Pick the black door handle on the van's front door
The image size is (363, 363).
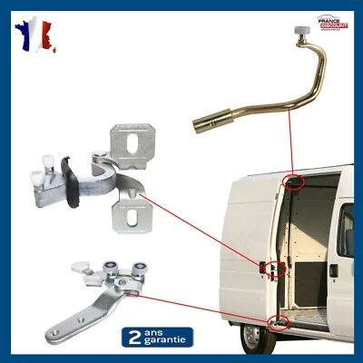pyautogui.click(x=334, y=270)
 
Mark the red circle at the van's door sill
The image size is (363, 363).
pyautogui.click(x=279, y=321)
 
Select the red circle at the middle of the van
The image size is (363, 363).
pyautogui.click(x=269, y=268)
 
